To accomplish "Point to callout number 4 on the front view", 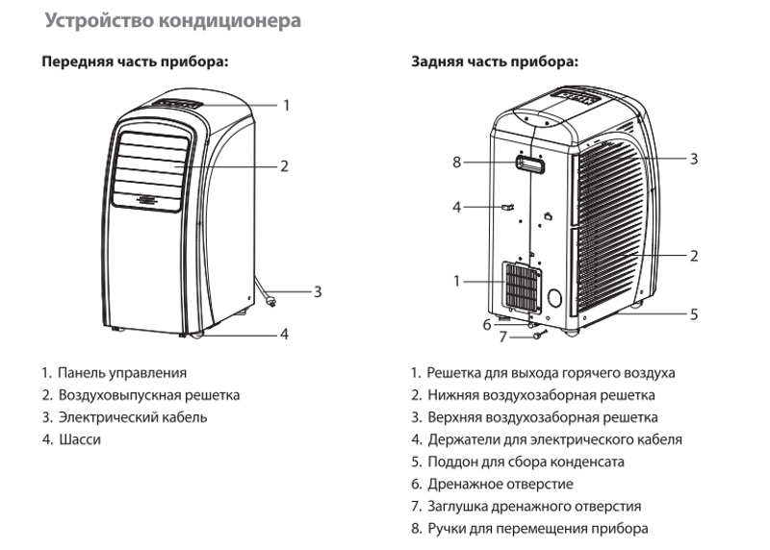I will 284,335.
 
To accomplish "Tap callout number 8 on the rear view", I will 457,162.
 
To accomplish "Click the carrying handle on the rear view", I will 530,164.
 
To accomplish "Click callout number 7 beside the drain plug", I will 501,337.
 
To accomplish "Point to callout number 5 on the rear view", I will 693,313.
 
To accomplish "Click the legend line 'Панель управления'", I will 120,372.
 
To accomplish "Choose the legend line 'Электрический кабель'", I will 132,417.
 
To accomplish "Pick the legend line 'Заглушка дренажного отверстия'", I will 534,506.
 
